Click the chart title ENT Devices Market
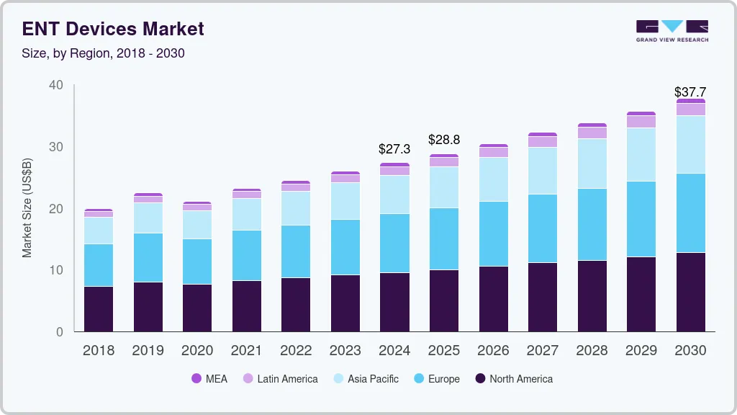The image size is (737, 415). (x=113, y=29)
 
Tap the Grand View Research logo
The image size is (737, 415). (x=672, y=31)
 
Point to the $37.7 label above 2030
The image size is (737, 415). (x=690, y=92)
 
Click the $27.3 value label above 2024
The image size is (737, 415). (x=394, y=149)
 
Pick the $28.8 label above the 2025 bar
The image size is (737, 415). (x=444, y=140)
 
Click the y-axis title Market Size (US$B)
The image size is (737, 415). (x=27, y=208)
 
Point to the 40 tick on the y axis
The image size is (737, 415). (x=55, y=86)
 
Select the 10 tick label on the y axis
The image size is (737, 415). (x=55, y=270)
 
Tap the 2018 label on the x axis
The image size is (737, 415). (x=99, y=351)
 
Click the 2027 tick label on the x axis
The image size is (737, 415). (x=543, y=351)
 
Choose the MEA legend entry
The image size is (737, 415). (x=209, y=378)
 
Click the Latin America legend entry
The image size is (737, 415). (x=280, y=378)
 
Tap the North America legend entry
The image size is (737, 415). (x=513, y=378)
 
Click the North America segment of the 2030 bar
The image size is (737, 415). (x=690, y=292)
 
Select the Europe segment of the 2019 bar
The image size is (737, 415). (x=148, y=257)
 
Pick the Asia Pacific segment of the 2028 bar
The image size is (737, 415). (x=592, y=164)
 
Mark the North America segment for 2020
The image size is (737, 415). (x=197, y=308)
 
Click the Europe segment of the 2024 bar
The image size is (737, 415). (x=394, y=243)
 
